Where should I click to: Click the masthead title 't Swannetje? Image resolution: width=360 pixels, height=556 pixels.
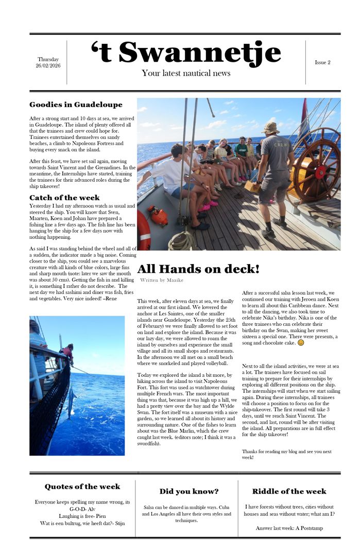point(186,53)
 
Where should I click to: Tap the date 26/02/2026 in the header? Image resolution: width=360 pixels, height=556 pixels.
point(48,66)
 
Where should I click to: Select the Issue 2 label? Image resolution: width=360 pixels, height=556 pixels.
point(322,62)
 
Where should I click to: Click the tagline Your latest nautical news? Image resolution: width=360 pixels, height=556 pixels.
point(186,74)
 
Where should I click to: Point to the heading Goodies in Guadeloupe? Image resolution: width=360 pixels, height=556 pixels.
point(76,105)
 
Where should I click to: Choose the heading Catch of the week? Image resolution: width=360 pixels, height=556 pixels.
point(64,198)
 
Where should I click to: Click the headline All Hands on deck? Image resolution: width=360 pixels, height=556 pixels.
point(198,269)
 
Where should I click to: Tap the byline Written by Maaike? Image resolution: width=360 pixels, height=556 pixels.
point(161,280)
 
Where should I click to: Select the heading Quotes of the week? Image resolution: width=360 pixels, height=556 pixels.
point(82,486)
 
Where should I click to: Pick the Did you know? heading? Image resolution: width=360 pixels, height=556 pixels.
point(188,491)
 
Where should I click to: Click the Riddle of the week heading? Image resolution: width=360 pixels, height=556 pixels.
point(289,491)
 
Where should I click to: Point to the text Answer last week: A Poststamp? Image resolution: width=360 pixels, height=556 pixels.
point(289,528)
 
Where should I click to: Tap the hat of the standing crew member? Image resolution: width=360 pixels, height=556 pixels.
point(270,127)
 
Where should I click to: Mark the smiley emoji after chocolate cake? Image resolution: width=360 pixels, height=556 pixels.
point(301,343)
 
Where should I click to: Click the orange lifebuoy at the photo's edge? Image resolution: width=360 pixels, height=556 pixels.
point(143,229)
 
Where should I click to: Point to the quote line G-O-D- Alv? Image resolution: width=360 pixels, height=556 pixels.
point(82,509)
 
